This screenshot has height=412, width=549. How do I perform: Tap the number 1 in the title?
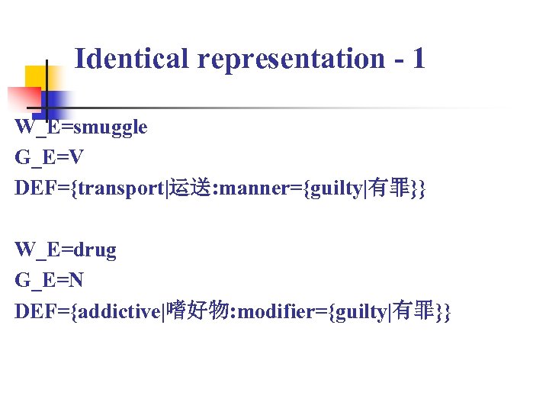tap(417, 58)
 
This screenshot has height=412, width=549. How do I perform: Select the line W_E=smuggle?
tap(81, 127)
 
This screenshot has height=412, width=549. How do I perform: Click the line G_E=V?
tap(50, 158)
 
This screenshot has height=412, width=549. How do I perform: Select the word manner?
tap(257, 188)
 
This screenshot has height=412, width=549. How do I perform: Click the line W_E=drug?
tap(66, 249)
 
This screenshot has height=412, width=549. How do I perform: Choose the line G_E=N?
tap(50, 280)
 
